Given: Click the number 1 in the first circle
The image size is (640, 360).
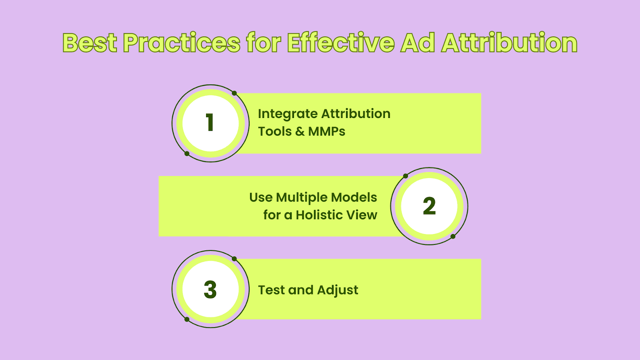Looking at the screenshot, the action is (210, 122).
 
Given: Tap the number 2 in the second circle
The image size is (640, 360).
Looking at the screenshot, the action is (429, 206).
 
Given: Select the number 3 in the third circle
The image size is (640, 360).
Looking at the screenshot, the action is (210, 290).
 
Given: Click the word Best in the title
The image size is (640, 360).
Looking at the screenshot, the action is (90, 42).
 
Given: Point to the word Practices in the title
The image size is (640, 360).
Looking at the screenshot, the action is (182, 42).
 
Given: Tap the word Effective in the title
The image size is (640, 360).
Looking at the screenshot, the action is (341, 42).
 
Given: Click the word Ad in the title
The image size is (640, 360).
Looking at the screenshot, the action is (418, 42).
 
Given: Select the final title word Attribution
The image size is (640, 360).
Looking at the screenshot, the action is (509, 42).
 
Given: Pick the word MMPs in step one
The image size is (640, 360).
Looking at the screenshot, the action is (326, 132).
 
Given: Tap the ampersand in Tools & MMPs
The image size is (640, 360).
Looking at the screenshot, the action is (300, 132).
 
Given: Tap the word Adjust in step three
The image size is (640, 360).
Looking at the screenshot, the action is (338, 290).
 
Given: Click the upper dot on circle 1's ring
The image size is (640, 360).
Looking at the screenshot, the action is (234, 93).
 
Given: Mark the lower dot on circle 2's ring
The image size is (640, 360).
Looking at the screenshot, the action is (453, 236).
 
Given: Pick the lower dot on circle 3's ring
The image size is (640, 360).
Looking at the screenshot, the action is (187, 320).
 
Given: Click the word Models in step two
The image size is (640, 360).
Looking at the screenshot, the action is (354, 198).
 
